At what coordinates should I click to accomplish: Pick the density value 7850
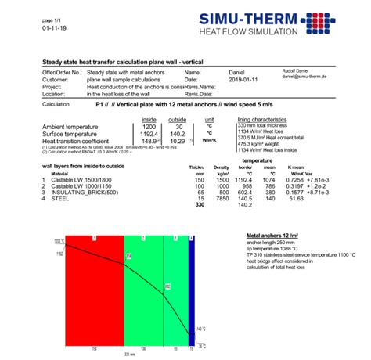222,199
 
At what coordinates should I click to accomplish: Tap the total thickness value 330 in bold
198,205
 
